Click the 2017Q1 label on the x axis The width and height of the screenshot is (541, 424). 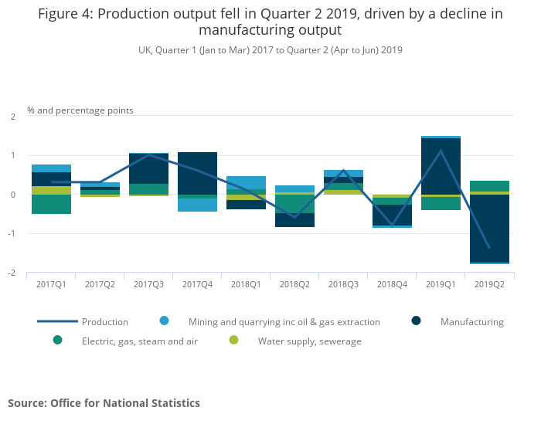click(51, 284)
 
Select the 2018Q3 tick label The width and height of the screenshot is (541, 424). click(343, 284)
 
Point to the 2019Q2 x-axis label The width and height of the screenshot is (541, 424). click(489, 284)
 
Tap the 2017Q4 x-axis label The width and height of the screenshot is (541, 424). click(197, 284)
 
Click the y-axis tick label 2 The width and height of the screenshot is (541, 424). click(13, 117)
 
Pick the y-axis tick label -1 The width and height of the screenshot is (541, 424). click(12, 234)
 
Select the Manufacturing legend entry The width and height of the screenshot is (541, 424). click(471, 322)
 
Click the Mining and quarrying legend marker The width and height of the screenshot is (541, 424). click(164, 321)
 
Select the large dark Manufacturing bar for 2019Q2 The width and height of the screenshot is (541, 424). click(489, 228)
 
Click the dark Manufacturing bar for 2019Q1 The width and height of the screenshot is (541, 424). click(441, 166)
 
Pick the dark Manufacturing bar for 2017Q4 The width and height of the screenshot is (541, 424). click(197, 173)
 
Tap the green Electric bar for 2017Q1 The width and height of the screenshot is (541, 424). click(51, 204)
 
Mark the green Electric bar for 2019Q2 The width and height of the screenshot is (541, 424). click(489, 185)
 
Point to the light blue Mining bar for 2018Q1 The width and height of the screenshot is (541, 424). click(246, 182)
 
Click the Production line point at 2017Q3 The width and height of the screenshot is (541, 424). click(148, 155)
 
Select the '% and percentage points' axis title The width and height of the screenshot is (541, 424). click(80, 110)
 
